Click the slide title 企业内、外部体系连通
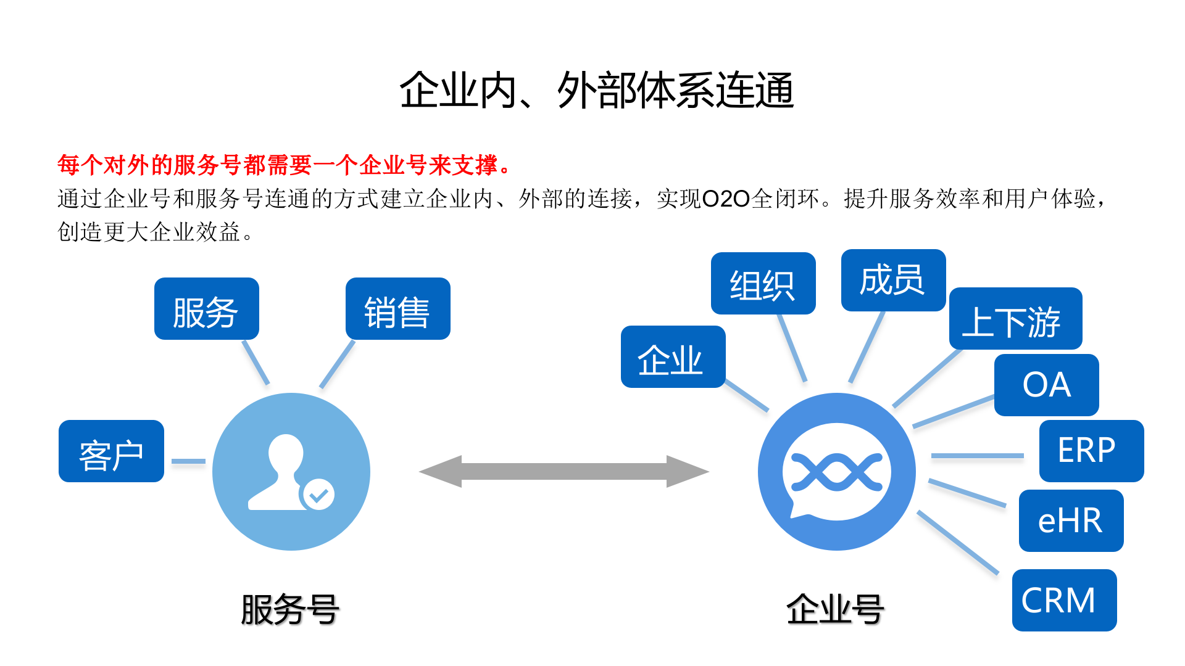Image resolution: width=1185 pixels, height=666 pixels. [596, 91]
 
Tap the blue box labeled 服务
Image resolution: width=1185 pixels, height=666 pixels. [206, 309]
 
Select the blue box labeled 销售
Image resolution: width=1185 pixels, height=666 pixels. [397, 309]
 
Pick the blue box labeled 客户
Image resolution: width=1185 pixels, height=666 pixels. [111, 451]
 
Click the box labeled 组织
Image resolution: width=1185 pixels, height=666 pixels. [763, 284]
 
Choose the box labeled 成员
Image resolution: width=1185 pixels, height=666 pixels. [893, 281]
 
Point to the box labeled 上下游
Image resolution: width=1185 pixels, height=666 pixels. [1015, 319]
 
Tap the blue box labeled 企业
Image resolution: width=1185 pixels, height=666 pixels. [673, 357]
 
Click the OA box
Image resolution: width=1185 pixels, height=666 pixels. [1046, 385]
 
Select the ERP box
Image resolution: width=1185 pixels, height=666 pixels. [1091, 451]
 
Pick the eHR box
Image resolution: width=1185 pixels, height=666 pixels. [1071, 521]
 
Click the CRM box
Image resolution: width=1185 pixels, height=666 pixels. [1064, 601]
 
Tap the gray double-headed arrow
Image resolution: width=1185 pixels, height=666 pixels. [563, 472]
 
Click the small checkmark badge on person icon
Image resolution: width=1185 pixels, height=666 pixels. [318, 495]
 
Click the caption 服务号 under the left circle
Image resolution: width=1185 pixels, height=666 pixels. [290, 610]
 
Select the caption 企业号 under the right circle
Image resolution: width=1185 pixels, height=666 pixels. [835, 610]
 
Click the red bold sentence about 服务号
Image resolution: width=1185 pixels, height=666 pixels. [284, 165]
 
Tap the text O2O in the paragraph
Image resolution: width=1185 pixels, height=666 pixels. [726, 199]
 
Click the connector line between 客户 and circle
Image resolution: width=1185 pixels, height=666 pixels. [188, 461]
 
